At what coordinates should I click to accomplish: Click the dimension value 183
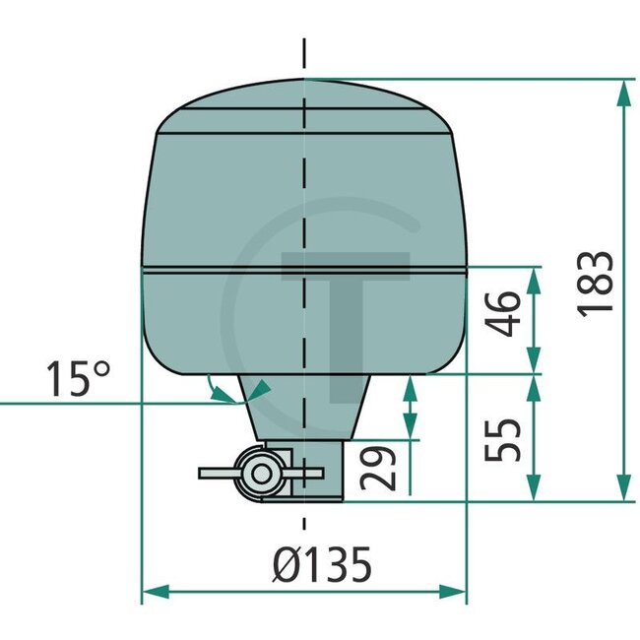pyautogui.click(x=596, y=284)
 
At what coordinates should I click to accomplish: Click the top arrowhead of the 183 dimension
pyautogui.click(x=622, y=92)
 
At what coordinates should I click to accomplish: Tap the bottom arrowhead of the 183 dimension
pyautogui.click(x=622, y=489)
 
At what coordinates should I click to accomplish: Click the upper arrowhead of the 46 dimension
pyautogui.click(x=533, y=279)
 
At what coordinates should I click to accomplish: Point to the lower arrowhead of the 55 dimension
pyautogui.click(x=533, y=489)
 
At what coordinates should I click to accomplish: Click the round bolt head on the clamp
pyautogui.click(x=261, y=474)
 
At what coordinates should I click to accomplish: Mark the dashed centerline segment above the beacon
pyautogui.click(x=305, y=54)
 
